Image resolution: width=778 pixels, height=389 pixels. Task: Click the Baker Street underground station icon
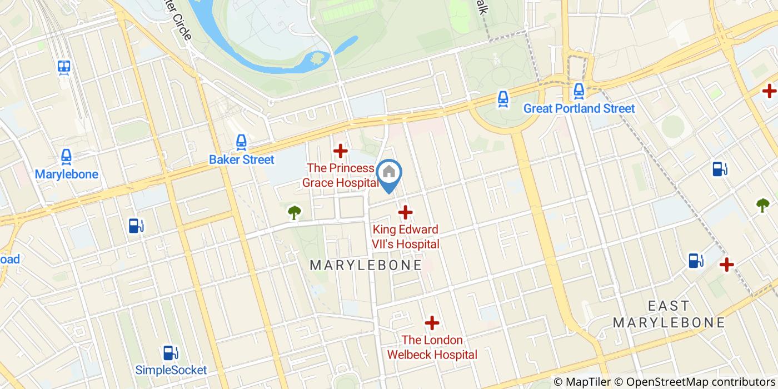point(241,143)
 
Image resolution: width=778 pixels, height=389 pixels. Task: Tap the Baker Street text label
point(241,160)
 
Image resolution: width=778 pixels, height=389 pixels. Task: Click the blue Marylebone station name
point(66,174)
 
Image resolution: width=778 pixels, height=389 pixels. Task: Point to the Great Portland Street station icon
point(578,91)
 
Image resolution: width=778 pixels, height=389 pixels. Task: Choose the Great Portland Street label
point(578,108)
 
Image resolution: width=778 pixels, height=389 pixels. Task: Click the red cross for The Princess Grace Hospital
point(340,151)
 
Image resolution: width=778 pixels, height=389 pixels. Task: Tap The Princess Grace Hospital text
point(340,175)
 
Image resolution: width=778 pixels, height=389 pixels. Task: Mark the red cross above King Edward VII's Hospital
point(405,212)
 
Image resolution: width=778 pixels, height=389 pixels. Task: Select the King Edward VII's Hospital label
point(406,237)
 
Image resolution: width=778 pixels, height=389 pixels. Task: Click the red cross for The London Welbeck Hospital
point(432,323)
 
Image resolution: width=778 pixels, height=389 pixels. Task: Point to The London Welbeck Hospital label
point(432,347)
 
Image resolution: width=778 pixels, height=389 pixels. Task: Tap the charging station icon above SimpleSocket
point(170,353)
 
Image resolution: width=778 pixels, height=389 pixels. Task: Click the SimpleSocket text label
point(171,370)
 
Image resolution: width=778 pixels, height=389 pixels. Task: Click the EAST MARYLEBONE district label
point(669,314)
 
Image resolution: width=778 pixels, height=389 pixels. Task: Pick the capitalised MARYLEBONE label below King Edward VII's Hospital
point(366,265)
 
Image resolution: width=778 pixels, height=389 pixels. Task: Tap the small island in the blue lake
point(318,58)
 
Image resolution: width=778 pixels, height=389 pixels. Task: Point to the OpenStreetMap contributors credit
point(700,382)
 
